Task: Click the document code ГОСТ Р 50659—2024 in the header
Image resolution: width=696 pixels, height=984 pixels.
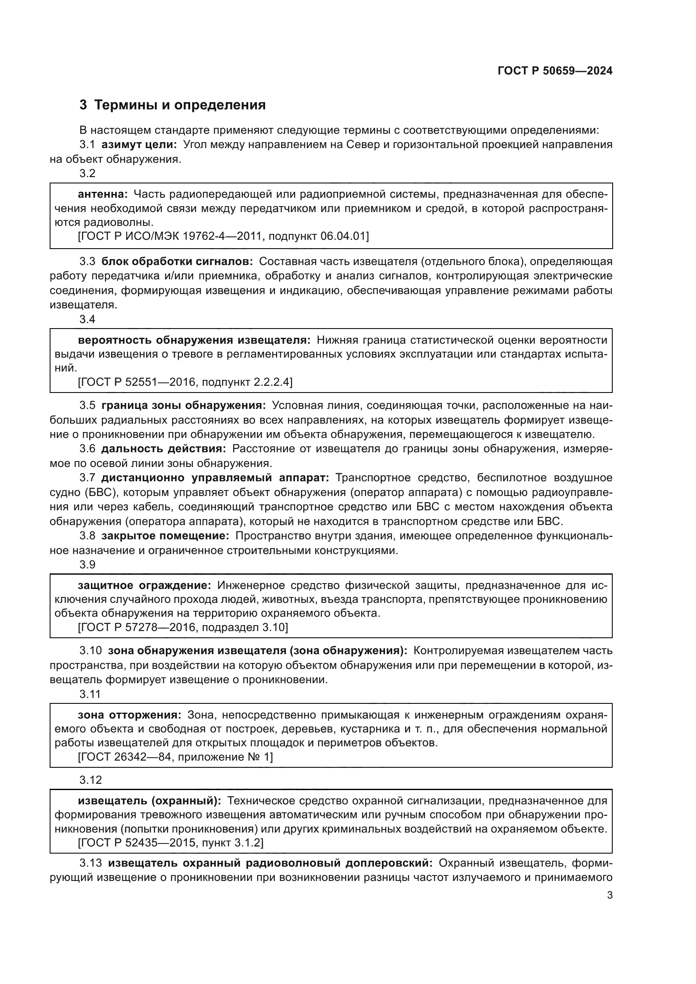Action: [x=555, y=71]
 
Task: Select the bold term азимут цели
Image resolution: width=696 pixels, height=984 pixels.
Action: [x=139, y=144]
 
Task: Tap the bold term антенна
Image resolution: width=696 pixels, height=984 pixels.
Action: [x=103, y=194]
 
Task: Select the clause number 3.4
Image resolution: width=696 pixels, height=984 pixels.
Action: [x=88, y=319]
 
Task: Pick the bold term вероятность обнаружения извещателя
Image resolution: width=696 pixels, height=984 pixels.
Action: [x=194, y=340]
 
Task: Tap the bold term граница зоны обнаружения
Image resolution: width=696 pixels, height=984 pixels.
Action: [x=183, y=405]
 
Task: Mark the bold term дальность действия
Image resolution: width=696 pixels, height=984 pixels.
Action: [x=163, y=449]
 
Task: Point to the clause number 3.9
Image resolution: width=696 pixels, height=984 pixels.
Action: [x=88, y=565]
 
